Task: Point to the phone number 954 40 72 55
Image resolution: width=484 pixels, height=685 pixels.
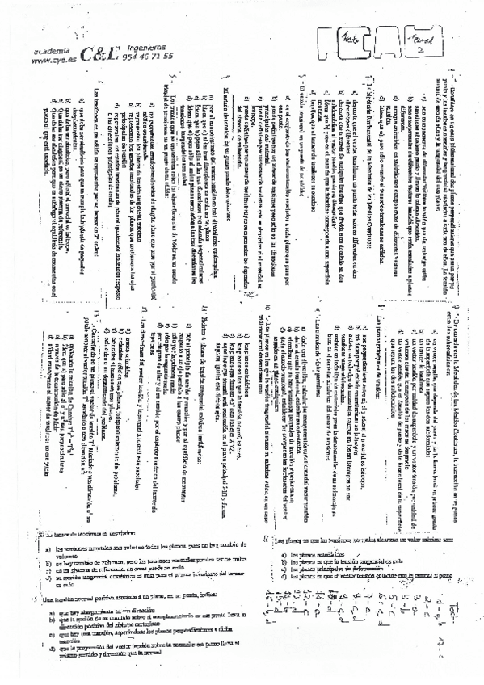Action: pyautogui.click(x=150, y=58)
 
